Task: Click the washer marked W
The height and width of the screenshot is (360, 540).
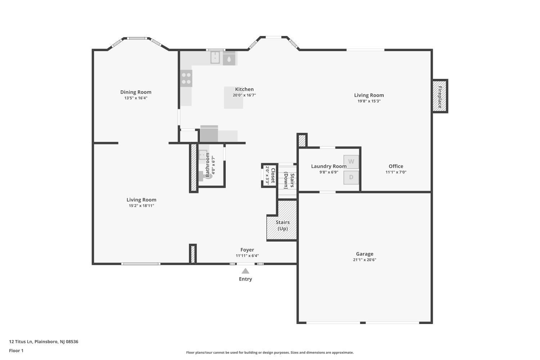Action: (x=351, y=162)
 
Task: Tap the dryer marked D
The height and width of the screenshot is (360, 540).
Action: (x=351, y=177)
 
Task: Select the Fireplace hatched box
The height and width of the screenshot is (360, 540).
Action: (x=440, y=96)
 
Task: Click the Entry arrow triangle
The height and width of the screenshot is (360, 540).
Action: (x=246, y=271)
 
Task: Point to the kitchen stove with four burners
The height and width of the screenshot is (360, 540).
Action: (x=186, y=78)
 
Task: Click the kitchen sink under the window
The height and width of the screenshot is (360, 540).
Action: (x=215, y=58)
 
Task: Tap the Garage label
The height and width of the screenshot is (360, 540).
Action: (x=364, y=254)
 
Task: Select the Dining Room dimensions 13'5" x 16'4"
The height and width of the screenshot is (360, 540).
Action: (x=136, y=98)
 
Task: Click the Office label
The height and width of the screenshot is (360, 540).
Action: (x=396, y=166)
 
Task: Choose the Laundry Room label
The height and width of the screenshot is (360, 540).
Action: (x=329, y=166)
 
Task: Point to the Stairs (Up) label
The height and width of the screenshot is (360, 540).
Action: (x=283, y=225)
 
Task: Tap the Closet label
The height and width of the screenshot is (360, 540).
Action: (x=273, y=176)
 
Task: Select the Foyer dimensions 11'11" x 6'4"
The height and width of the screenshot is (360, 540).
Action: (x=247, y=256)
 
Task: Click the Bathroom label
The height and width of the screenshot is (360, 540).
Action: (x=207, y=165)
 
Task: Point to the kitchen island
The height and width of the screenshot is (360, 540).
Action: (x=233, y=98)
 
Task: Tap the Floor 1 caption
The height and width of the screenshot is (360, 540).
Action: (x=16, y=351)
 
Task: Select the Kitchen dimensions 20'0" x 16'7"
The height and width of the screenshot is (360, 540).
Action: (x=244, y=95)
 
